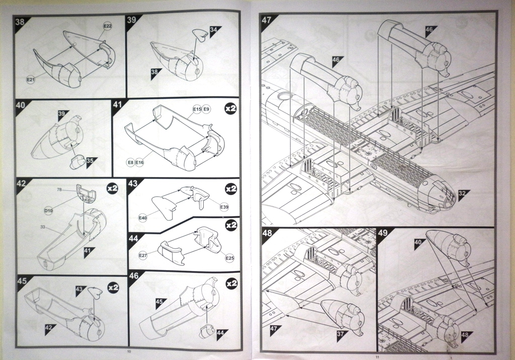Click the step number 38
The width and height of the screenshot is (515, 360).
point(20,22)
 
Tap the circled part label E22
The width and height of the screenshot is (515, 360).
point(108,26)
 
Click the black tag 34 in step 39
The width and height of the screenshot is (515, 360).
point(214,30)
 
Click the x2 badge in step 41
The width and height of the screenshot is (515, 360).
point(231,108)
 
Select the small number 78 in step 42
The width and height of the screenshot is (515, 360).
point(59,190)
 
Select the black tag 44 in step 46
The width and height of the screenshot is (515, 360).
point(222,332)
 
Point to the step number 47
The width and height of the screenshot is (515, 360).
point(267,20)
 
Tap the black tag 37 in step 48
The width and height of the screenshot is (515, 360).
point(341,334)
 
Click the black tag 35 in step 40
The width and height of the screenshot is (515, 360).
point(90,161)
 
